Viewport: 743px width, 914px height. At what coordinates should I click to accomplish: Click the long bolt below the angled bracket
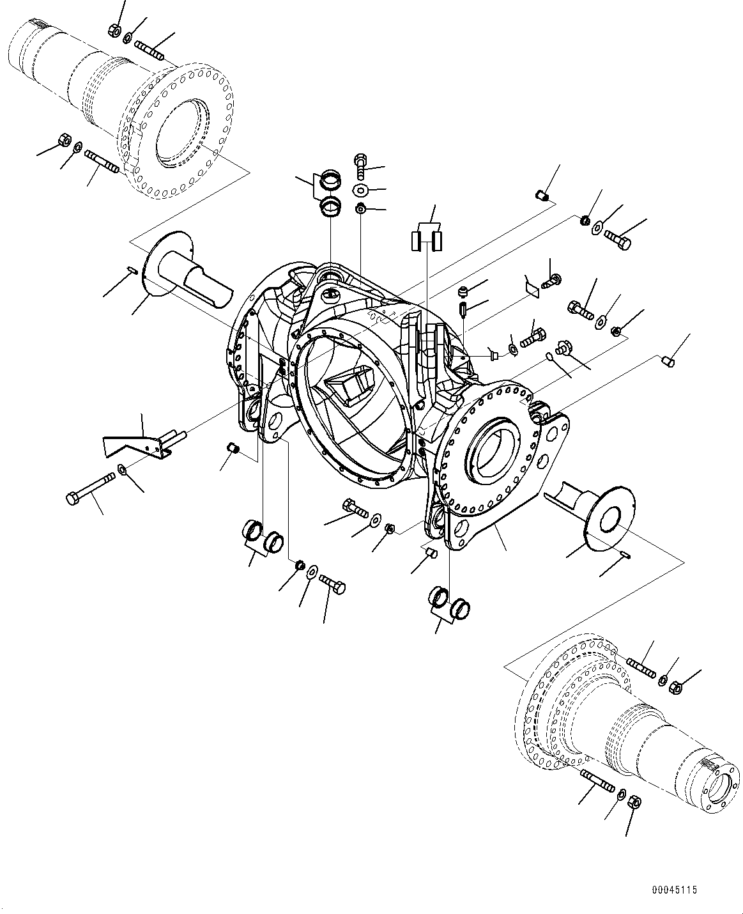point(90,488)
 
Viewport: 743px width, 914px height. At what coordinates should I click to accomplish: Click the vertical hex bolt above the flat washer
point(361,166)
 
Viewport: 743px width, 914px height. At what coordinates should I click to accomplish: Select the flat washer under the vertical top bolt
point(360,190)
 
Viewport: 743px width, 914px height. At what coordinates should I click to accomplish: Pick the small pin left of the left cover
point(132,270)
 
